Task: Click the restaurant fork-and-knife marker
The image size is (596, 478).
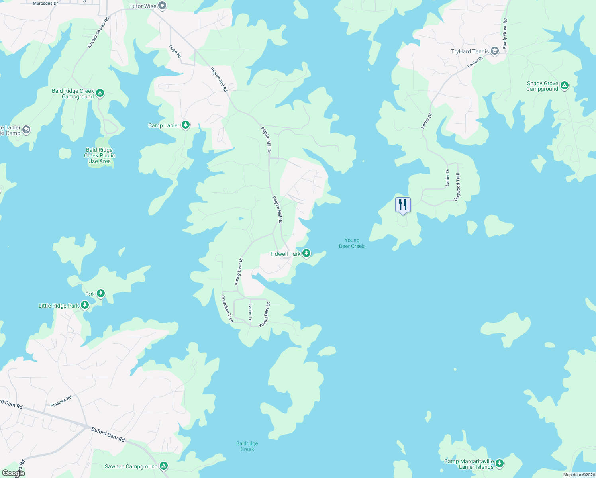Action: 403,205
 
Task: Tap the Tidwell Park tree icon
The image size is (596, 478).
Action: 306,253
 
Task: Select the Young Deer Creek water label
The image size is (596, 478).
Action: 352,243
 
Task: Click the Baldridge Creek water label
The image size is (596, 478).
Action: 247,446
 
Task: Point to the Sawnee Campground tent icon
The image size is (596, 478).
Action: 163,466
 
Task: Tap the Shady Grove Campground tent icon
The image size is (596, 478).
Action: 564,86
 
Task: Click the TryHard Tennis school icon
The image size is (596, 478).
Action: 495,51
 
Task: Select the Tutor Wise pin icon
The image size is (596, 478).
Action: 162,6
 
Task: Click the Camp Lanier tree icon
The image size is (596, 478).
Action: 185,125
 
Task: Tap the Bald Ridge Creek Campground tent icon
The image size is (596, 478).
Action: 100,93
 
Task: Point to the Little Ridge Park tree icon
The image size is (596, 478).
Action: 84,305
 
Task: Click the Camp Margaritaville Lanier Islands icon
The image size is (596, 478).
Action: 500,464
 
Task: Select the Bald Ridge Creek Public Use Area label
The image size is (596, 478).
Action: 100,156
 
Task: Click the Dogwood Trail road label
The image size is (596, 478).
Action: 457,187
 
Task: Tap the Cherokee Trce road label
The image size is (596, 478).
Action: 227,309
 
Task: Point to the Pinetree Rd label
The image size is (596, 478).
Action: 61,401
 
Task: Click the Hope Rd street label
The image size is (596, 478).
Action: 175,51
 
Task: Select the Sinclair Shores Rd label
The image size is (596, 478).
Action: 98,33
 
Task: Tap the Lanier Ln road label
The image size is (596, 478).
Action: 250,312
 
